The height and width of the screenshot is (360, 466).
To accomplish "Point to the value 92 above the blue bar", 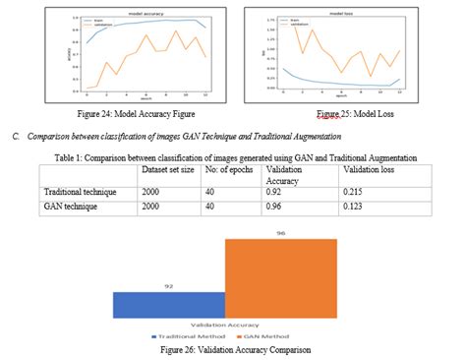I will [x=169, y=285].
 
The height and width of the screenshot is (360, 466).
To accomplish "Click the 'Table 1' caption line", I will [x=235, y=157].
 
